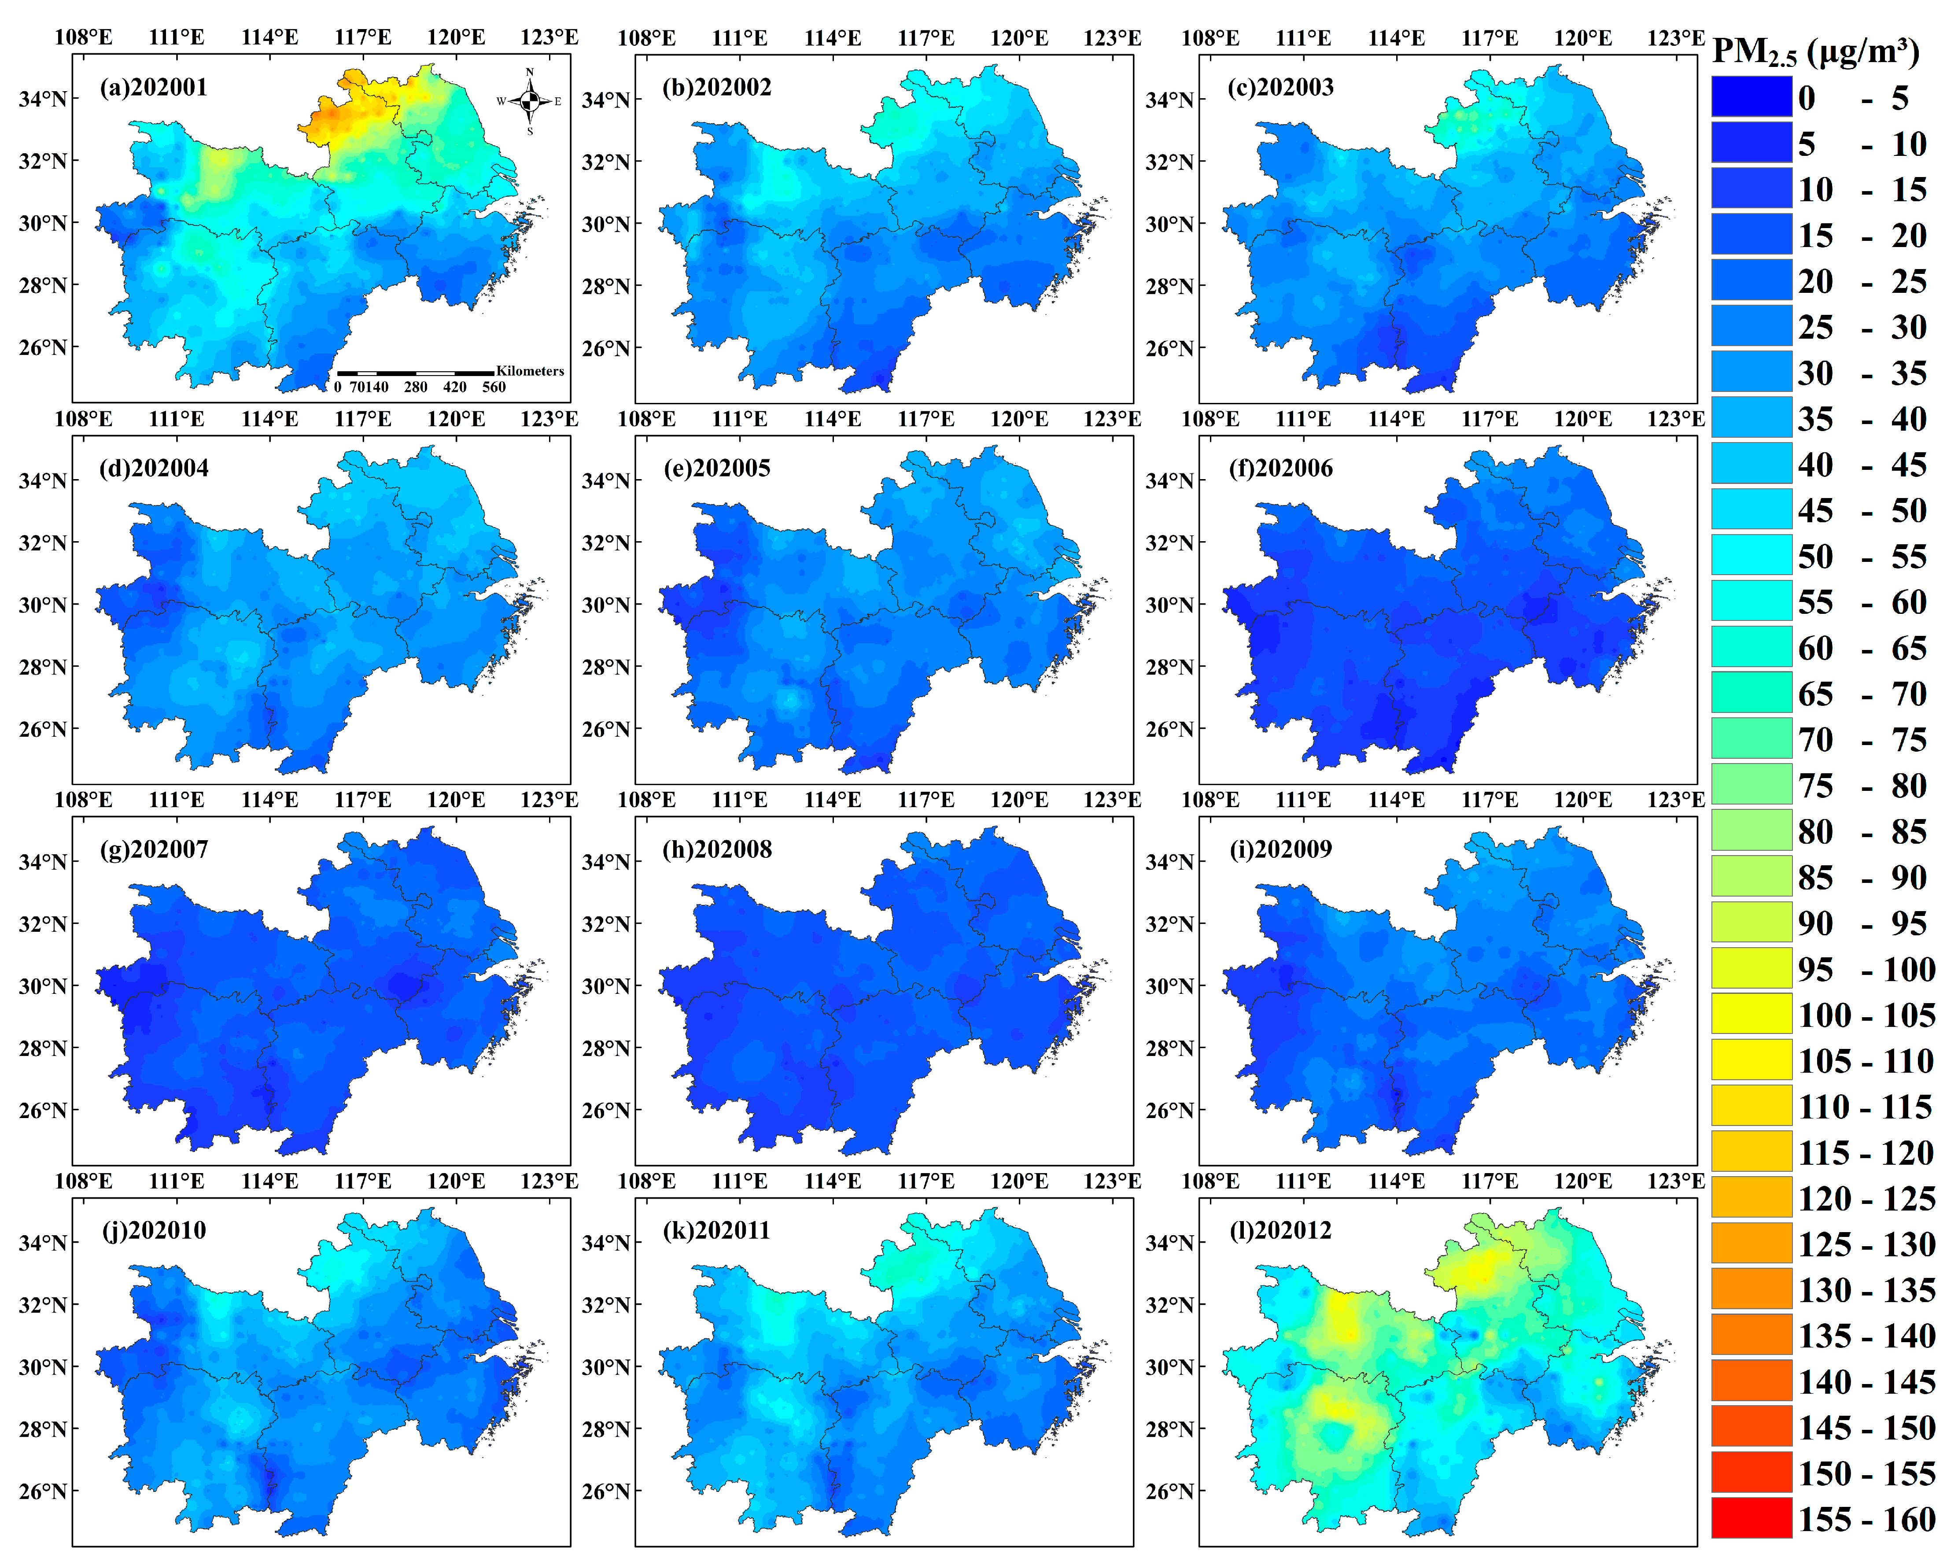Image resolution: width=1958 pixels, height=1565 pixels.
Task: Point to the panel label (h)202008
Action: tap(717, 849)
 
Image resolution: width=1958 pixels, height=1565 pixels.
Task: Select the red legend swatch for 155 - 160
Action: tap(1751, 1519)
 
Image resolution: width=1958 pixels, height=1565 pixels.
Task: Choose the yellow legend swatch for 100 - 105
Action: tap(1751, 1014)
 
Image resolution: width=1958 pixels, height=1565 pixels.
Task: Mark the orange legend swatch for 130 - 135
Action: tap(1751, 1289)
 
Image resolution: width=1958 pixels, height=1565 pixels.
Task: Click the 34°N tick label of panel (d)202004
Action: tap(43, 480)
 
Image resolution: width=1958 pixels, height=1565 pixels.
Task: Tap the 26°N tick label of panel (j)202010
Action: tap(43, 1491)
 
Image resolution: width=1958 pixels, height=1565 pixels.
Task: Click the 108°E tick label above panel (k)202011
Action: tap(647, 1181)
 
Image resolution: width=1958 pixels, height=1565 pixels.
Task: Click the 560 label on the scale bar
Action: tap(494, 387)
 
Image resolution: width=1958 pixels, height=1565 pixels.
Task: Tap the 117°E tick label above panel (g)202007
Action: tap(363, 800)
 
